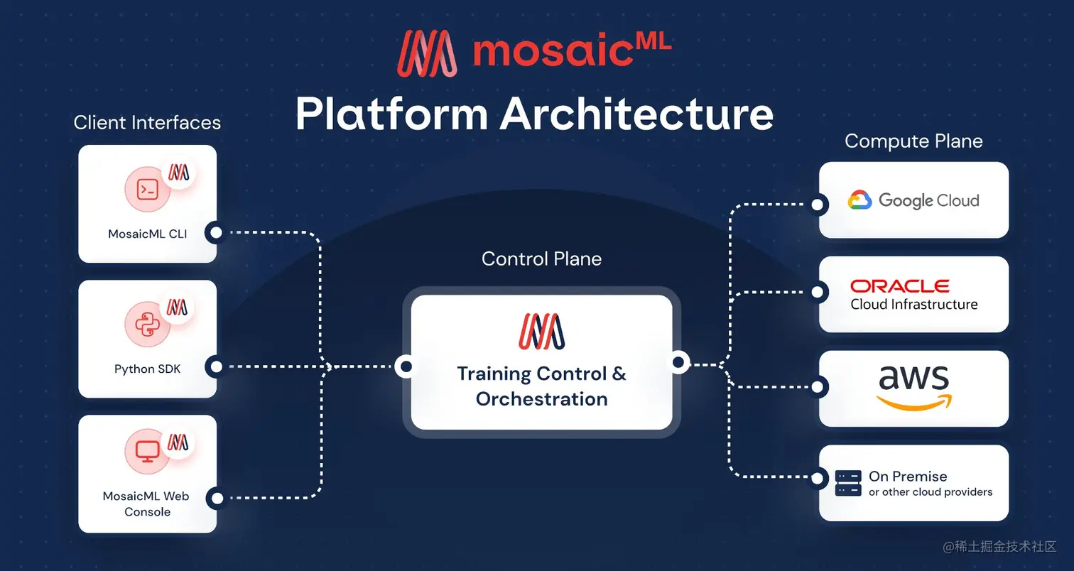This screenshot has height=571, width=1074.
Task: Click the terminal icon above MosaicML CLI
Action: (x=147, y=190)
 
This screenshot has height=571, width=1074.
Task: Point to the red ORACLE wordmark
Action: (x=900, y=285)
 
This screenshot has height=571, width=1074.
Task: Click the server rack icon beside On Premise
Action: (x=848, y=483)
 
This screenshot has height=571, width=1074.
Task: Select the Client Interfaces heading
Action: (x=147, y=122)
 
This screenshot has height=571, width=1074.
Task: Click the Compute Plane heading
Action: (x=913, y=141)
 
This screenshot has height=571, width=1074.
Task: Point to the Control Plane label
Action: (x=541, y=259)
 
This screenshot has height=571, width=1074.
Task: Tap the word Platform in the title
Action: (x=392, y=113)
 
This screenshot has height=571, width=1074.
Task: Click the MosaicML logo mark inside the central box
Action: (x=541, y=332)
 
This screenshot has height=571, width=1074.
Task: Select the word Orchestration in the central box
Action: (x=541, y=398)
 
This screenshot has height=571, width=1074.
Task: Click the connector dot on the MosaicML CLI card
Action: (x=216, y=232)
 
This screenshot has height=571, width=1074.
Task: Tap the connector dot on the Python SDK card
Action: (x=216, y=367)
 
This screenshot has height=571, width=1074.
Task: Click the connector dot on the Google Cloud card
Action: (x=818, y=205)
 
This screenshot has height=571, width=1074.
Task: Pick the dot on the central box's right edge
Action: (x=678, y=363)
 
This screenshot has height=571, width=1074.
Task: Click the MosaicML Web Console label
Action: (x=147, y=504)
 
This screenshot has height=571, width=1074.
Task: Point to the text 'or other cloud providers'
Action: (x=931, y=492)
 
